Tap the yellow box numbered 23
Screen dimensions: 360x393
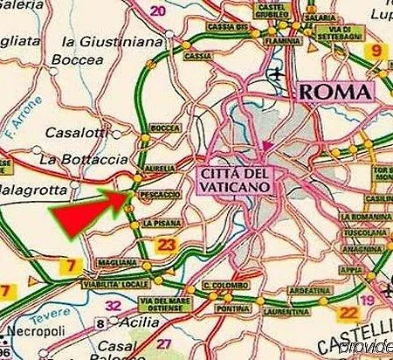[168, 246]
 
